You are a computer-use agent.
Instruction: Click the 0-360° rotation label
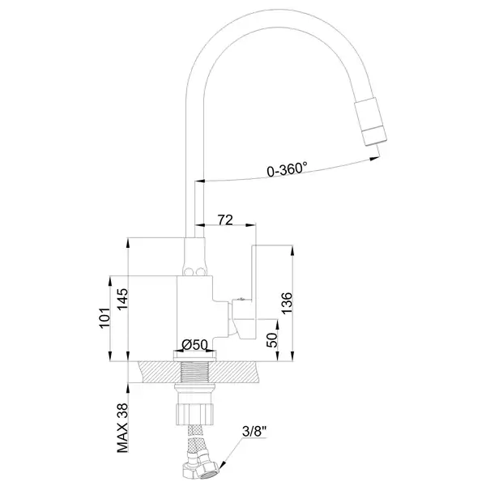(287, 169)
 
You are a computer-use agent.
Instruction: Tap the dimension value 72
(225, 220)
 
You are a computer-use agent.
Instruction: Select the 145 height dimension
(122, 299)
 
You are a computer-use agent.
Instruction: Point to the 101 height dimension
(104, 318)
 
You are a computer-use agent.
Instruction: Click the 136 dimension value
(287, 303)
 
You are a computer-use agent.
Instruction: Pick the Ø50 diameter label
(194, 345)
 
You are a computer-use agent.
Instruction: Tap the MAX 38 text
(122, 428)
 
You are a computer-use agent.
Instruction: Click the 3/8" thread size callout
(254, 431)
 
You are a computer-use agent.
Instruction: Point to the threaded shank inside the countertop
(194, 372)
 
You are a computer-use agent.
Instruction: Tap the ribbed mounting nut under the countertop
(194, 413)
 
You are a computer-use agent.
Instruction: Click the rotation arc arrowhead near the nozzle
(374, 159)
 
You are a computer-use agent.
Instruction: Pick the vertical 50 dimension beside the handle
(272, 340)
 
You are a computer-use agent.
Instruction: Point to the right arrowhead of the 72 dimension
(251, 225)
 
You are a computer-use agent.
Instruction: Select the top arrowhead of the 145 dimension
(128, 243)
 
